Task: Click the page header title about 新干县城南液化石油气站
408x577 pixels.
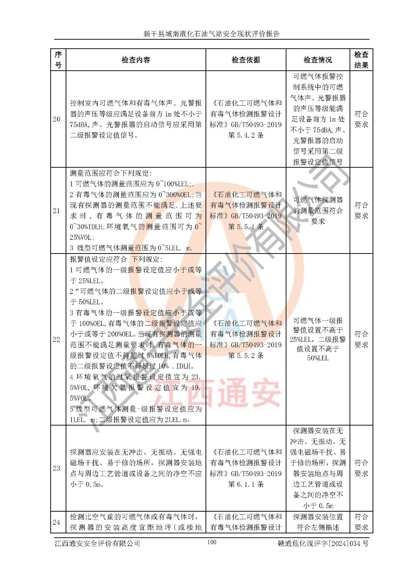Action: pos(211,34)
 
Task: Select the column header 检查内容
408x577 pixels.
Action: pos(136,60)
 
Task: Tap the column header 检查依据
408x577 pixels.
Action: pos(246,60)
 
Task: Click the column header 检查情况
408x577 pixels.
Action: pos(317,60)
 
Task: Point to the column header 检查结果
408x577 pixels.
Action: pos(361,60)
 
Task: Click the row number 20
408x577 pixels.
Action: pos(57,119)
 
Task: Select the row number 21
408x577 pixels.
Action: pos(57,211)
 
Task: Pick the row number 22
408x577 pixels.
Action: pos(57,339)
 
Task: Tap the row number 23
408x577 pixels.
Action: pos(57,468)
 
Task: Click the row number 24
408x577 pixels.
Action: pos(57,522)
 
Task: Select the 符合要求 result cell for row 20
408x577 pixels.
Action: pos(361,119)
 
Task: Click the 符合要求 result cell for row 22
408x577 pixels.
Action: pos(361,339)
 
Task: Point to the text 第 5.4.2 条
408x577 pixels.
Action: pos(246,135)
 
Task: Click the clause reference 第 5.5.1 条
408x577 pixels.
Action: pos(246,227)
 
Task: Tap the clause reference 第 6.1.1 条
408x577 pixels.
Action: pos(246,484)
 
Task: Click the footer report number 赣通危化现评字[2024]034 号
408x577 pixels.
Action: pos(323,543)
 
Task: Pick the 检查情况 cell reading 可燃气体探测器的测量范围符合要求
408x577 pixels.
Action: pos(317,211)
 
